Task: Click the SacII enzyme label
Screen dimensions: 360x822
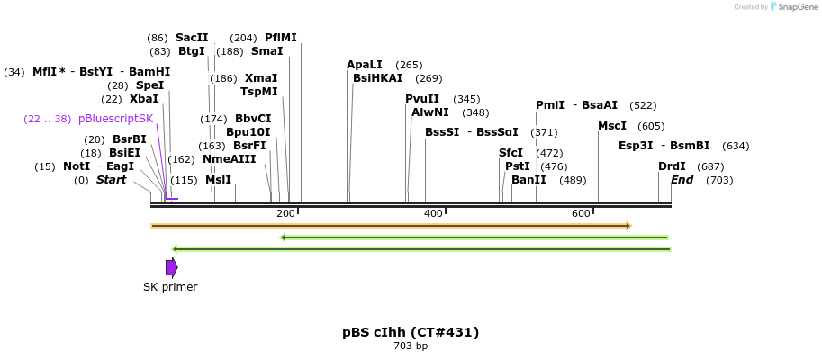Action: pyautogui.click(x=192, y=38)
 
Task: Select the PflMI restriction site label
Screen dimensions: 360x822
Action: pyautogui.click(x=280, y=38)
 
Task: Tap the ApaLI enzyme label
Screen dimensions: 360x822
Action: pyautogui.click(x=365, y=65)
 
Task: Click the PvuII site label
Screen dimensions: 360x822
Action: pyautogui.click(x=422, y=99)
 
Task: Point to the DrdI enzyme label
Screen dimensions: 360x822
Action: pyautogui.click(x=672, y=166)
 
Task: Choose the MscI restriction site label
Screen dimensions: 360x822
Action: pyautogui.click(x=612, y=126)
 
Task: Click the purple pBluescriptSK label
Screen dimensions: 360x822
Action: pyautogui.click(x=116, y=119)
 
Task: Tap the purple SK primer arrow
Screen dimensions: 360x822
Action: pyautogui.click(x=171, y=267)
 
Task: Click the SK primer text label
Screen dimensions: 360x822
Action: pyautogui.click(x=170, y=287)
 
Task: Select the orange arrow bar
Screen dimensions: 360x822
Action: pyautogui.click(x=391, y=225)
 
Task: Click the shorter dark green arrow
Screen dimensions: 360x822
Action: pyautogui.click(x=474, y=238)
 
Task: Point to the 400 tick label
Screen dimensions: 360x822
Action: pyautogui.click(x=433, y=213)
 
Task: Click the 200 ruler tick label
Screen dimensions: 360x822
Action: pyautogui.click(x=285, y=213)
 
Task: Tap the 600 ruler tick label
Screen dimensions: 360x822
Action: pyautogui.click(x=581, y=213)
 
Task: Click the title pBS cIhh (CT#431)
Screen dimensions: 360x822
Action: pyautogui.click(x=411, y=332)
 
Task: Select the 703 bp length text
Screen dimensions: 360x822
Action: pyautogui.click(x=411, y=346)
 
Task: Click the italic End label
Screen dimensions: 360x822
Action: pyautogui.click(x=682, y=180)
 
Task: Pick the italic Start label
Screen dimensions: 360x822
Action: pyautogui.click(x=111, y=180)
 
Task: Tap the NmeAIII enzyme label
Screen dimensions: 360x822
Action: pyautogui.click(x=230, y=159)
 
